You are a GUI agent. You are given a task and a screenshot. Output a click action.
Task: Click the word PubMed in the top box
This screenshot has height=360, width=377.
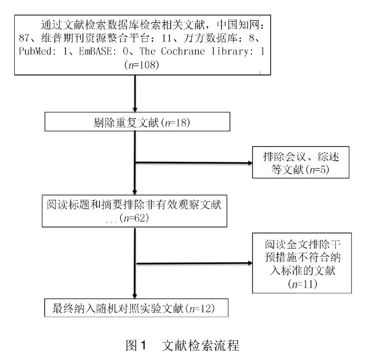(x=35, y=51)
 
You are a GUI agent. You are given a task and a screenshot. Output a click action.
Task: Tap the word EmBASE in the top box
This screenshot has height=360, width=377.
(x=95, y=51)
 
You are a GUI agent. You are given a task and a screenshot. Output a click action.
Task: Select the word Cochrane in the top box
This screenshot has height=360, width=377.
(x=183, y=51)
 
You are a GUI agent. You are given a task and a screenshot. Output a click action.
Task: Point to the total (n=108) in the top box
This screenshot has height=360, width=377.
(x=142, y=65)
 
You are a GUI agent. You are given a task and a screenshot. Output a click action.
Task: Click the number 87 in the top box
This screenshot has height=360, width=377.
(x=24, y=38)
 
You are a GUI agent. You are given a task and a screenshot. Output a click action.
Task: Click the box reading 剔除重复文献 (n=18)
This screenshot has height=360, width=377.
(x=137, y=122)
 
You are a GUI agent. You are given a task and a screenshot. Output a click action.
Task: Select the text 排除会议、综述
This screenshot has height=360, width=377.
(x=301, y=156)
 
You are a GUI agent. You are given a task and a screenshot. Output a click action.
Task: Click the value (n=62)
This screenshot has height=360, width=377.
(x=134, y=218)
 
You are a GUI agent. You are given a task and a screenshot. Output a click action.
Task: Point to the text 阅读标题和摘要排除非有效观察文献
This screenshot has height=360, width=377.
(x=134, y=205)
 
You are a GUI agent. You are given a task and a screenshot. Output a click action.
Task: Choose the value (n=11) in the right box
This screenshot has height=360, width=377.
(x=302, y=284)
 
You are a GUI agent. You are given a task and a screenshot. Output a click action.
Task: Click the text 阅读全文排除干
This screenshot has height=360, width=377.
(x=302, y=245)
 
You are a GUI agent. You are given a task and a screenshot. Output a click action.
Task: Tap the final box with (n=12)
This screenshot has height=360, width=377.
(x=136, y=308)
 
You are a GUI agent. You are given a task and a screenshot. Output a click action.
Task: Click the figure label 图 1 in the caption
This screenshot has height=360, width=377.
(x=136, y=345)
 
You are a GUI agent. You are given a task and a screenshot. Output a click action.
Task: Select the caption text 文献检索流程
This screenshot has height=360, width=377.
(x=200, y=345)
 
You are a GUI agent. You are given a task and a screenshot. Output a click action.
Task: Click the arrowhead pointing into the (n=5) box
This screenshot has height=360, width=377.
(x=250, y=163)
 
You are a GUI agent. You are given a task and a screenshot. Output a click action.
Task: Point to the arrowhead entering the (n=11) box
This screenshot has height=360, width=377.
(x=250, y=263)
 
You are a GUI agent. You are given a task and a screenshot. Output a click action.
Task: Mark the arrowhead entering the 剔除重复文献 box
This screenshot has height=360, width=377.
(x=135, y=109)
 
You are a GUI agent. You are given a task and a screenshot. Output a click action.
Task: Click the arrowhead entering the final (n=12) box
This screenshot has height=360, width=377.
(x=135, y=297)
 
